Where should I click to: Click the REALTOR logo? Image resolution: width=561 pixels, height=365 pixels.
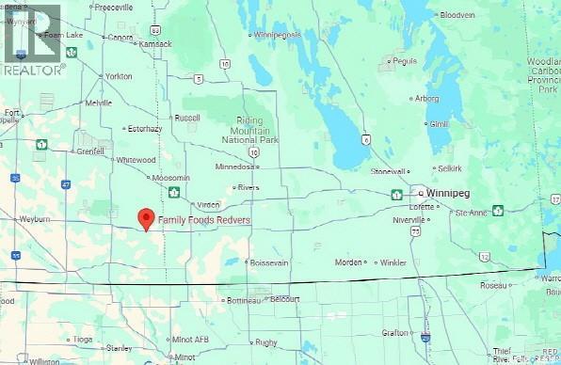[33, 39]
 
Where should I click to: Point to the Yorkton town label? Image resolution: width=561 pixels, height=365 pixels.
[119, 75]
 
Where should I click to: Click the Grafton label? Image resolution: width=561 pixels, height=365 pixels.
[395, 332]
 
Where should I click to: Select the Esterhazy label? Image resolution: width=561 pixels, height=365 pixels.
[148, 129]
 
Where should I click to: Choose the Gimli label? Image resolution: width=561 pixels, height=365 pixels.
[439, 124]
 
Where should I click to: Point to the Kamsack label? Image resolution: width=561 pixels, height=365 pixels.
[153, 45]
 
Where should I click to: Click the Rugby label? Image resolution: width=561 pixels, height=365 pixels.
[266, 342]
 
